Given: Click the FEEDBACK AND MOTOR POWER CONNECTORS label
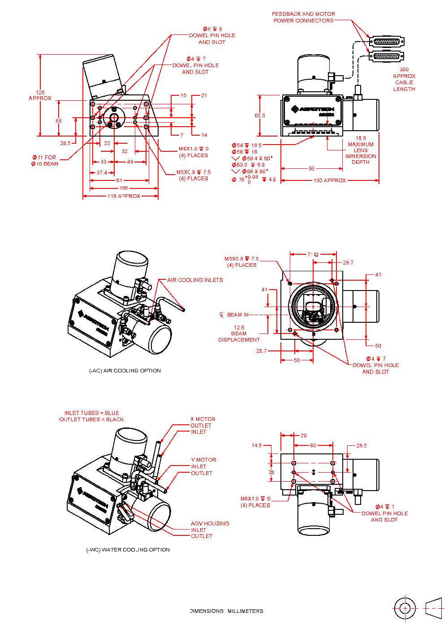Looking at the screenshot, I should click(x=304, y=17).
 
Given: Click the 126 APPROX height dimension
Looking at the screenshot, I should click(x=40, y=95).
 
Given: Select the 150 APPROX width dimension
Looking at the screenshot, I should click(x=330, y=180).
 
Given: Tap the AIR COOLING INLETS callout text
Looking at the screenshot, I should click(x=195, y=280).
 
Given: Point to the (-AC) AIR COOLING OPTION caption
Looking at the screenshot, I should click(x=125, y=371).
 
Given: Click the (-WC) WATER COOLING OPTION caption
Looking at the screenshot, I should click(x=128, y=550).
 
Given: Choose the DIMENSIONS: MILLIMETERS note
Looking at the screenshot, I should click(x=226, y=611).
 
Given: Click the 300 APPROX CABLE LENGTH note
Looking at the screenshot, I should click(x=404, y=79).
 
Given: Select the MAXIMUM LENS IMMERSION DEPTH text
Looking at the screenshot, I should click(x=361, y=153).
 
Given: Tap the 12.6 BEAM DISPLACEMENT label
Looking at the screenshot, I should click(x=239, y=333).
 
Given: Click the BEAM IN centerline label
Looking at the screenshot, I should click(x=237, y=315).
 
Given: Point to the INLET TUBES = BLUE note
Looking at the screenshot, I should click(x=92, y=413).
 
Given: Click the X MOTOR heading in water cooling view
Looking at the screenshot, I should click(x=203, y=419).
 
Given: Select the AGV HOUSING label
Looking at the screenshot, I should click(x=210, y=523).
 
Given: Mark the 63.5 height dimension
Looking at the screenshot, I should click(x=260, y=115).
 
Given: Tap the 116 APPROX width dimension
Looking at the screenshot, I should click(x=124, y=196).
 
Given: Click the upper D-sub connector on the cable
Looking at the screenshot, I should click(x=387, y=42).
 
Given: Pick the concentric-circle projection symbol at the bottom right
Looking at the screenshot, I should click(x=405, y=608).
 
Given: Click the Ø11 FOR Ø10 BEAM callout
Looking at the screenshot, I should click(x=44, y=161).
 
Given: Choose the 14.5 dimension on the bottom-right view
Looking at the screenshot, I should click(x=257, y=445).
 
